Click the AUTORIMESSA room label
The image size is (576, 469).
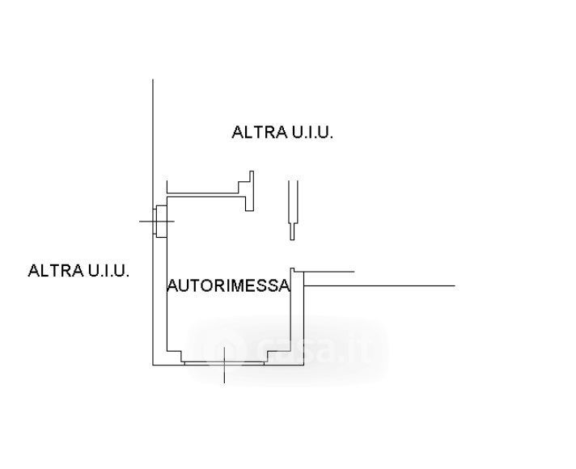click(x=228, y=285)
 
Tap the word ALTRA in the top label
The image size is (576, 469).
click(x=260, y=133)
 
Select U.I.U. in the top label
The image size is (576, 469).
click(x=312, y=133)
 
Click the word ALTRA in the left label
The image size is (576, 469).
click(x=56, y=270)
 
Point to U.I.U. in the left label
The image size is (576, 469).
click(x=108, y=270)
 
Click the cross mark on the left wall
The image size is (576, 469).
click(x=157, y=221)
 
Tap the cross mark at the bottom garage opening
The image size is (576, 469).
click(x=224, y=364)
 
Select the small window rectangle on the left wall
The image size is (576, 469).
click(x=161, y=221)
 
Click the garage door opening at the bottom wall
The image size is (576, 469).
click(x=224, y=363)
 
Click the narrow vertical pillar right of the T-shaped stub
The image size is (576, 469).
click(x=292, y=209)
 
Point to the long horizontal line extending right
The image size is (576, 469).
click(x=379, y=285)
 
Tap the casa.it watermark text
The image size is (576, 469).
click(x=313, y=349)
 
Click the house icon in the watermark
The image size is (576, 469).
click(x=225, y=349)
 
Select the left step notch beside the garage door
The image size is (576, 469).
click(x=174, y=355)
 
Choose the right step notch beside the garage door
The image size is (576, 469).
click(x=273, y=355)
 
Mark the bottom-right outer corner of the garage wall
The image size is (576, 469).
click(x=303, y=365)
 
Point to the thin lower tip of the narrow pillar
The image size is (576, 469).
click(x=292, y=239)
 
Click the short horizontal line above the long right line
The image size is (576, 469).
click(x=329, y=272)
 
